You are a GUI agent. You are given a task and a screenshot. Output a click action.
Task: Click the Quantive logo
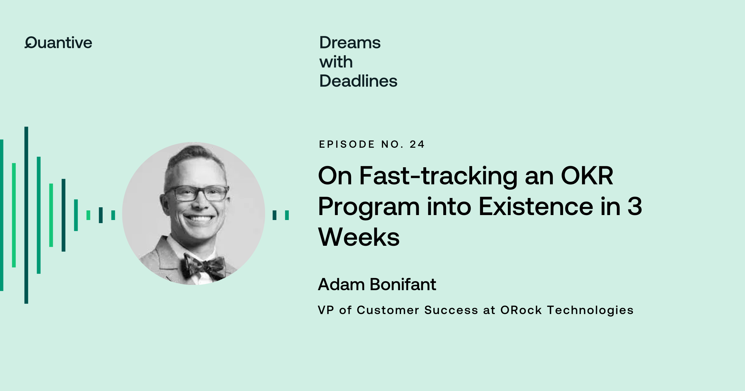click(58, 43)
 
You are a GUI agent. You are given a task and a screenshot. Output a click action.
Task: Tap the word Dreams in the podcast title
click(350, 43)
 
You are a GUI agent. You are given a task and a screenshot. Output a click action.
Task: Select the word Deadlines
click(358, 81)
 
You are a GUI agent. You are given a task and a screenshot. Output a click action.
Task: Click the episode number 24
click(417, 144)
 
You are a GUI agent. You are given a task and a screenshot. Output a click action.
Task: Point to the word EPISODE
click(347, 144)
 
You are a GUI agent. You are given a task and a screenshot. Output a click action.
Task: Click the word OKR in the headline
click(587, 176)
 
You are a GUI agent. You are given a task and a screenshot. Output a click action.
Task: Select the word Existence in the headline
click(536, 206)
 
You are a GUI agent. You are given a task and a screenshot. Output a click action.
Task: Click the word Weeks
click(359, 237)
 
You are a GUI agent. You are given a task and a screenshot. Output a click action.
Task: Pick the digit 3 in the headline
click(635, 206)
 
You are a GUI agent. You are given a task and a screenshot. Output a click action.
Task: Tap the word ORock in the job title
click(521, 310)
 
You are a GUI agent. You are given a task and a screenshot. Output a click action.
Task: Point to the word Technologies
click(590, 310)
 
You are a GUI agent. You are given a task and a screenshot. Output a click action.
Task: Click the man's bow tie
click(204, 266)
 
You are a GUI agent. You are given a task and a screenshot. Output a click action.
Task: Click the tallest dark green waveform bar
click(26, 215)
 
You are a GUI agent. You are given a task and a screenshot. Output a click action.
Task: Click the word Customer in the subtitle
click(388, 310)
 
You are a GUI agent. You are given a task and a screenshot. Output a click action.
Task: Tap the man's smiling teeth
click(199, 218)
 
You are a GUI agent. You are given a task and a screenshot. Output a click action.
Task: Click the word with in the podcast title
click(336, 62)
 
